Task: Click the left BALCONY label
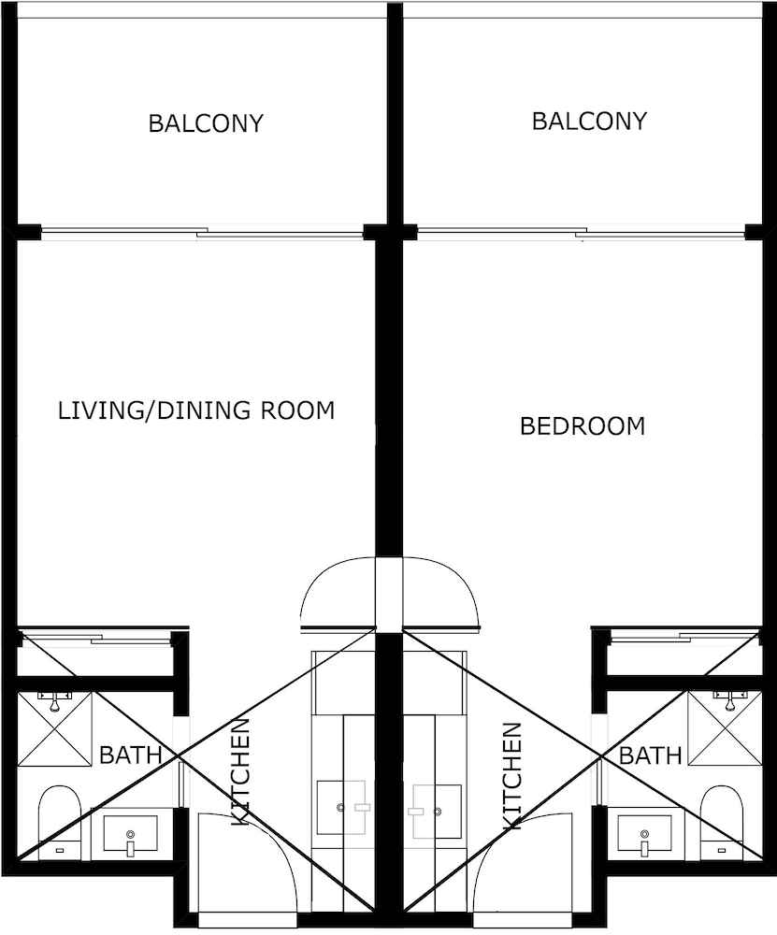[206, 123]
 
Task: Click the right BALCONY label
[589, 121]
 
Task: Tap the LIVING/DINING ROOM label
[196, 410]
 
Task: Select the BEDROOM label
[583, 426]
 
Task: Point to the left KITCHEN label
[240, 771]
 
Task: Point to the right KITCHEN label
[512, 776]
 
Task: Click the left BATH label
[131, 755]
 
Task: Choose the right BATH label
[651, 755]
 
